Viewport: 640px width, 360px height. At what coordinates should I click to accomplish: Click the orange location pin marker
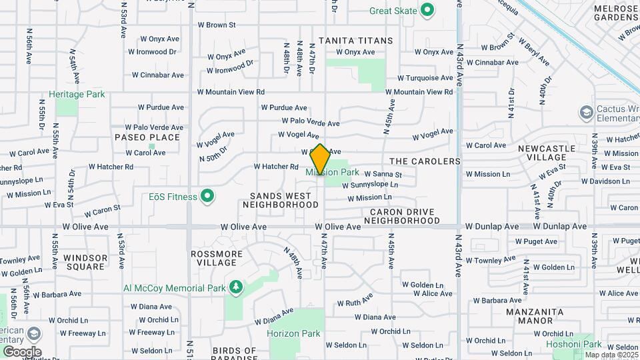[x=320, y=159]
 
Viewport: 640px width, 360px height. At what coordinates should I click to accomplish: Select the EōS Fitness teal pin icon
[x=207, y=196]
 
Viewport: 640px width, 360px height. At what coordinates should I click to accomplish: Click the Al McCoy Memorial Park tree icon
[x=235, y=288]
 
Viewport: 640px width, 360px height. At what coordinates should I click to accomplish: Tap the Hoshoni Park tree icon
[x=608, y=344]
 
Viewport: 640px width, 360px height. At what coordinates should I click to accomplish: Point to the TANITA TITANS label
[x=355, y=41]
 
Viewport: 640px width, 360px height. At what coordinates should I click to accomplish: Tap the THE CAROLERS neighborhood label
[x=425, y=161]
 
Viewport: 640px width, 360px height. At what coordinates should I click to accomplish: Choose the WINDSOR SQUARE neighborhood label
[x=85, y=262]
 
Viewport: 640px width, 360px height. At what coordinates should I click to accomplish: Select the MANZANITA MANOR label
[x=535, y=316]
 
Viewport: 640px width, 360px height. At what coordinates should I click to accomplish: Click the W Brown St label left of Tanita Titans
[x=217, y=25]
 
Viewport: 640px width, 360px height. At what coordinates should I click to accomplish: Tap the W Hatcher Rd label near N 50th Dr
[x=276, y=167]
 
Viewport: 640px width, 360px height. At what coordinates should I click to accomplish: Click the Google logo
[x=22, y=351]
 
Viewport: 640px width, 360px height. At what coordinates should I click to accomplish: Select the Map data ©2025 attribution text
[x=611, y=355]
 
